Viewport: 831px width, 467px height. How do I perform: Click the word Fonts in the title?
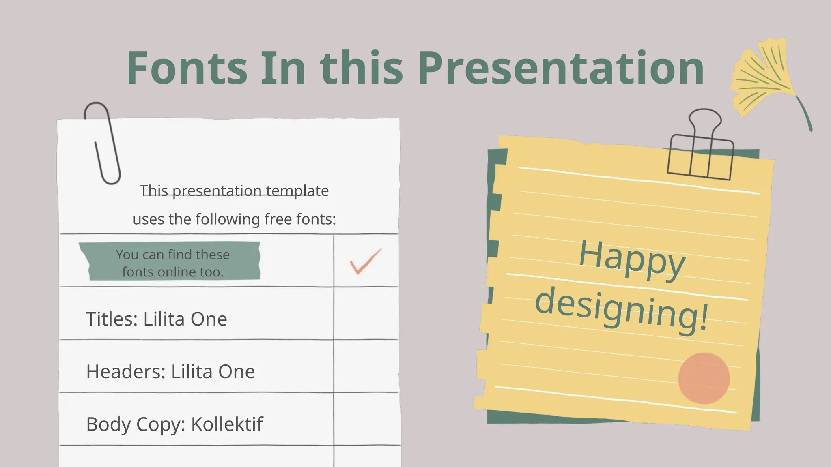coord(187,68)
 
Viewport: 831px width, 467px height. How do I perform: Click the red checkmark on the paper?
coord(365,262)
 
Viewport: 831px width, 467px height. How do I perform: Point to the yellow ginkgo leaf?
coord(763,79)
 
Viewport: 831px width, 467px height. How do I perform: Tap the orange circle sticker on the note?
coord(704,378)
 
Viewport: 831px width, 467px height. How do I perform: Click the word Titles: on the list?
coord(112,319)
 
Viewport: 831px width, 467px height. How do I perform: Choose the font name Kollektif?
coord(227,424)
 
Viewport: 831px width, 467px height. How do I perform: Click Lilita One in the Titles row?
coord(185,319)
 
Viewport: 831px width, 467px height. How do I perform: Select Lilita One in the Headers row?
coord(213,372)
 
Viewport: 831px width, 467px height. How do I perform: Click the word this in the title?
coord(362,68)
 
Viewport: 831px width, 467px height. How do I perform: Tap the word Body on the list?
coord(108,424)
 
